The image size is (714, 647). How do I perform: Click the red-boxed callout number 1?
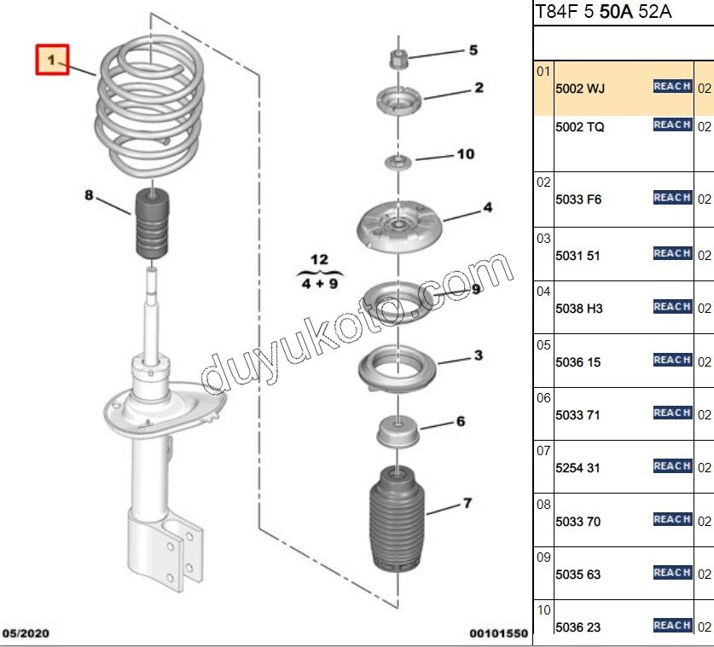(x=51, y=60)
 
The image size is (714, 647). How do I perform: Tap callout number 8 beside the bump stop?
(x=88, y=195)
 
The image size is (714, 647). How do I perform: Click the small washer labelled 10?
(x=396, y=161)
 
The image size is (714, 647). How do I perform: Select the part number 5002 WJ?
(x=580, y=89)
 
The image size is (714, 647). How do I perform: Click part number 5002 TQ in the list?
(x=580, y=127)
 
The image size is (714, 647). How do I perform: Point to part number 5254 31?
(x=578, y=468)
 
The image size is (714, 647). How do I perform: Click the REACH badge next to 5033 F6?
(x=672, y=198)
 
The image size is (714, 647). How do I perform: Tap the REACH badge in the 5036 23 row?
(x=672, y=626)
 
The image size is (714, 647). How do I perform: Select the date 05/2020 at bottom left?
(x=27, y=633)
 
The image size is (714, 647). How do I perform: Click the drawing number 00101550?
(x=498, y=633)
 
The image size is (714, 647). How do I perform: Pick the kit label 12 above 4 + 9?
(x=318, y=259)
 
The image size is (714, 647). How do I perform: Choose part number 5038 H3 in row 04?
(x=579, y=309)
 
